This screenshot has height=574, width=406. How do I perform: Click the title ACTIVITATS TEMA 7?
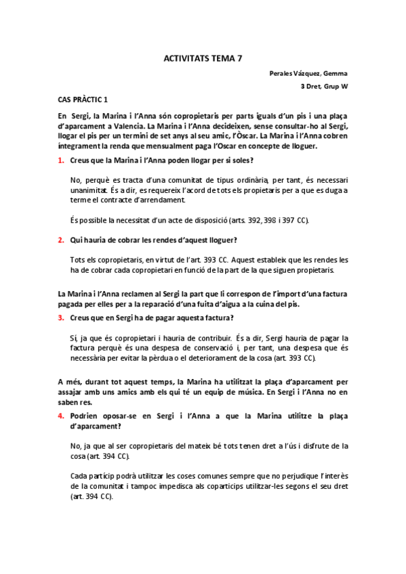click(203, 59)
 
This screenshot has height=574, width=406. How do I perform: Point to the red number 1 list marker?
click(60, 160)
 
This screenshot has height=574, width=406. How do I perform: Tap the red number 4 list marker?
click(60, 413)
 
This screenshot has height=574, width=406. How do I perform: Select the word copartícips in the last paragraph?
click(243, 486)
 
